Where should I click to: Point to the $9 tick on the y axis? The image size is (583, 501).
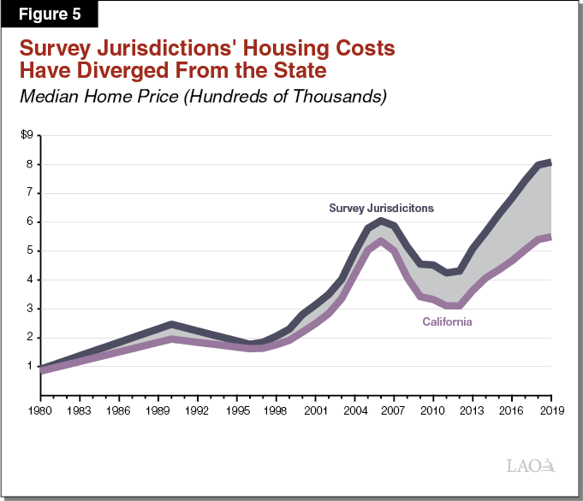(27, 135)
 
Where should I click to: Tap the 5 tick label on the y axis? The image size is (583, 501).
(29, 250)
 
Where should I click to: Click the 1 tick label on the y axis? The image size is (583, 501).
(29, 366)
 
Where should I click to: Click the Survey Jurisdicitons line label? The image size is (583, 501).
(382, 208)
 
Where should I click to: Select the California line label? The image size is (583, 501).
(447, 322)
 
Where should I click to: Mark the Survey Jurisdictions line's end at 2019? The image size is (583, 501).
(549, 162)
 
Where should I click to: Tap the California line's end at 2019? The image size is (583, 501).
(549, 237)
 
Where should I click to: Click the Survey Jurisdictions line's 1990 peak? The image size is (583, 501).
(171, 325)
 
